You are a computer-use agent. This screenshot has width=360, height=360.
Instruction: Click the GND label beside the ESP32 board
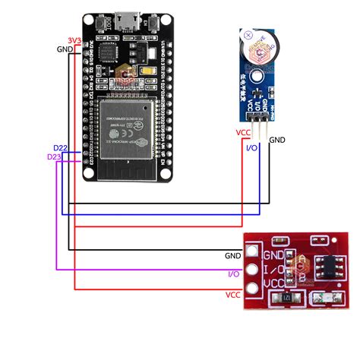pyautogui.click(x=66, y=49)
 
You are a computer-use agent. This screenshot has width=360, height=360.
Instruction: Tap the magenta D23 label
pyautogui.click(x=55, y=156)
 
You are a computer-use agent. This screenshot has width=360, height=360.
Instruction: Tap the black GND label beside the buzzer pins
pyautogui.click(x=277, y=140)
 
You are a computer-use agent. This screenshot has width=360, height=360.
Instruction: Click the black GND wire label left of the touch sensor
pyautogui.click(x=232, y=256)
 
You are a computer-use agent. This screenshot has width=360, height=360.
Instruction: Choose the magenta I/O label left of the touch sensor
pyautogui.click(x=235, y=273)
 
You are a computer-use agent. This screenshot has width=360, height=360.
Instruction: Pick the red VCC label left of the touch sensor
pyautogui.click(x=232, y=294)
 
